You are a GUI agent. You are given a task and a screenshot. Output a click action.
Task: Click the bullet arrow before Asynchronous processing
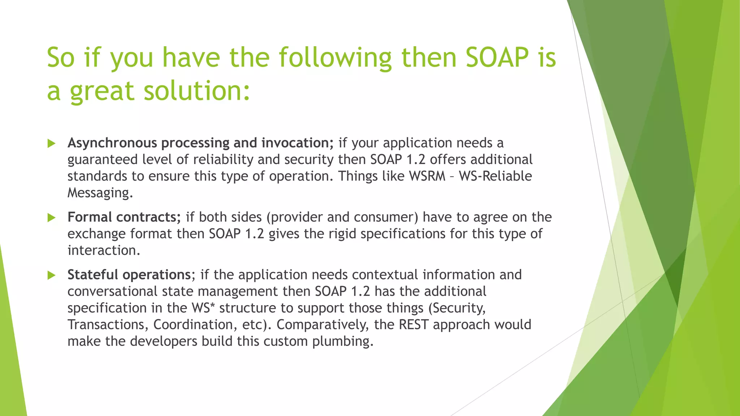pos(51,144)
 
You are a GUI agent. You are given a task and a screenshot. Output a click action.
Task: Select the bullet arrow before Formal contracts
pos(51,218)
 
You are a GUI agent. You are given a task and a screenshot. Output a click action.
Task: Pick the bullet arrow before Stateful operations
pos(51,276)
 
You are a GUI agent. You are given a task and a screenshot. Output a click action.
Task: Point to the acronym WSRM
pos(427,176)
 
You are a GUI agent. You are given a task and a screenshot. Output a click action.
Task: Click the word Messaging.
pos(100,193)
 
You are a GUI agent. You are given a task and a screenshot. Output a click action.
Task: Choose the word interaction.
pos(104,250)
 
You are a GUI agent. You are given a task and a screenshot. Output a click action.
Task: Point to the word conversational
pos(112,291)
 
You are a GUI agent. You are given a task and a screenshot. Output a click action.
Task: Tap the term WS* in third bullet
pos(203,308)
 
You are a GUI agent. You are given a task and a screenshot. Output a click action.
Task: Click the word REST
pos(414,325)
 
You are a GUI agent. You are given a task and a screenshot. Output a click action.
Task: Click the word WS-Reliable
pos(495,176)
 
